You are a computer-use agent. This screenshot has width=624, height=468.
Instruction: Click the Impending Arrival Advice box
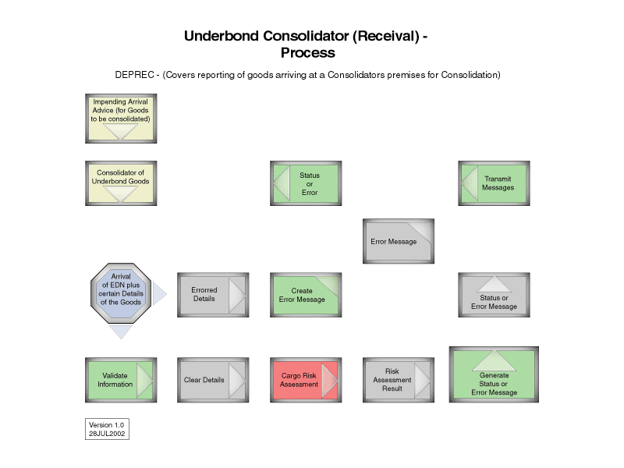pyautogui.click(x=121, y=118)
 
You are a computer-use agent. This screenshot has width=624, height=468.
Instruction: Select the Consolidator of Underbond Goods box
pyautogui.click(x=121, y=183)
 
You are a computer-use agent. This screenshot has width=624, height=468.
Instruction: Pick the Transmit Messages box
pyautogui.click(x=494, y=183)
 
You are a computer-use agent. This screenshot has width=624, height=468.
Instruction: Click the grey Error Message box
pyautogui.click(x=398, y=241)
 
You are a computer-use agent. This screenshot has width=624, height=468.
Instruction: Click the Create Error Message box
pyautogui.click(x=306, y=295)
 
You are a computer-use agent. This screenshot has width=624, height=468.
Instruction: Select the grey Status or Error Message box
pyautogui.click(x=494, y=295)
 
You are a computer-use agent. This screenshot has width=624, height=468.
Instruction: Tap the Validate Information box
pyautogui.click(x=121, y=380)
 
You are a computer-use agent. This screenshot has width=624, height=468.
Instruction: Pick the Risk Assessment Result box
pyautogui.click(x=398, y=380)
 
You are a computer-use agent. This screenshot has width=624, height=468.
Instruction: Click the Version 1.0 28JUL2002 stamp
pyautogui.click(x=107, y=429)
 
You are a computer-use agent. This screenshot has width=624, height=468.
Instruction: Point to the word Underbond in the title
pyautogui.click(x=221, y=37)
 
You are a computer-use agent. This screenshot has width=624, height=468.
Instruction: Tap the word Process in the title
pyautogui.click(x=307, y=53)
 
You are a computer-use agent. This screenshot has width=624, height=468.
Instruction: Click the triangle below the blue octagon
pyautogui.click(x=121, y=331)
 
